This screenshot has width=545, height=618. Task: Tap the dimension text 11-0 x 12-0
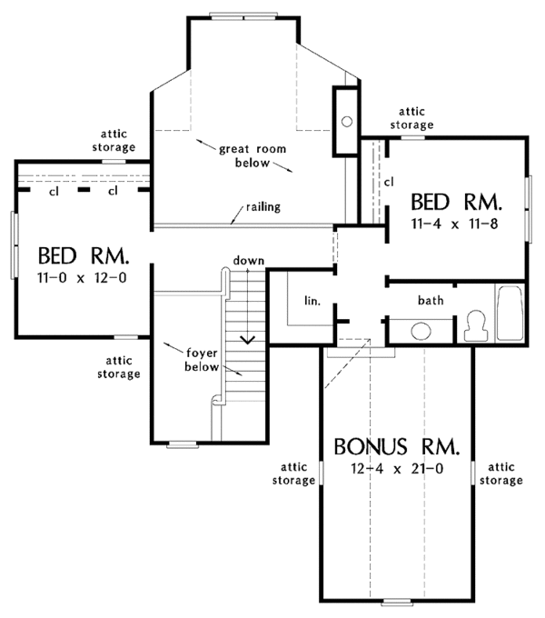click(77, 277)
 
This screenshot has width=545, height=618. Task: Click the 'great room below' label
click(240, 156)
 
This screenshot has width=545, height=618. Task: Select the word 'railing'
click(261, 206)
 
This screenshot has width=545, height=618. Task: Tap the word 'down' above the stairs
click(248, 261)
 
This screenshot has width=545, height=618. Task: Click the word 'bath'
click(431, 299)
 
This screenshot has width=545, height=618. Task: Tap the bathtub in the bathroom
click(510, 314)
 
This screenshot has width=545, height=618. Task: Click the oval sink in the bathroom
click(421, 330)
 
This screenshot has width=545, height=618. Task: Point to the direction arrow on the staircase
click(246, 339)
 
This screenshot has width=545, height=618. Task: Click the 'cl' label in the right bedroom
click(388, 182)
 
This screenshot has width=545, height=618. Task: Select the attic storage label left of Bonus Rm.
click(292, 473)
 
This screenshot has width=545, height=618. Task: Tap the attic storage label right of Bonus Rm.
click(504, 473)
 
